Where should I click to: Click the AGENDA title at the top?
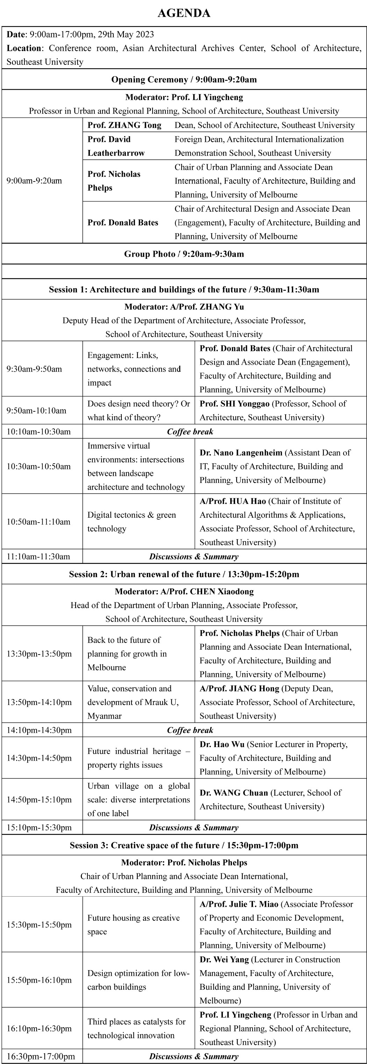[184, 13]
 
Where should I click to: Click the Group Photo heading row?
[184, 254]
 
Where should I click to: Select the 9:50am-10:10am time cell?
[36, 410]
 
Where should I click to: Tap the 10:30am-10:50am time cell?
[38, 466]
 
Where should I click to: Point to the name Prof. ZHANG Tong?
[124, 125]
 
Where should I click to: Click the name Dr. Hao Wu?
[222, 744]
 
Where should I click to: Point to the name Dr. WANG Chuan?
[234, 793]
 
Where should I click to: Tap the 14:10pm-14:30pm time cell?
[39, 730]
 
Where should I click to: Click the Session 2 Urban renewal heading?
[184, 574]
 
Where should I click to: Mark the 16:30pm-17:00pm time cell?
[41, 1057]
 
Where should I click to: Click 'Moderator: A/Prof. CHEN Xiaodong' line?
[184, 592]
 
